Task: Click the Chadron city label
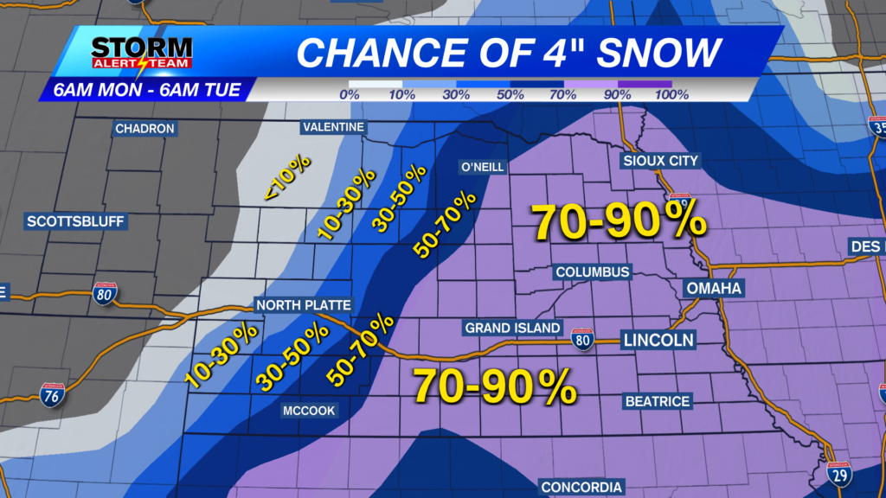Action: [x=145, y=129]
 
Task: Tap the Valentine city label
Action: [x=333, y=128]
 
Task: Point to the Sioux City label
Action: [x=660, y=161]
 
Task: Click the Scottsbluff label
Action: [x=76, y=221]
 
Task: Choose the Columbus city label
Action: [x=592, y=272]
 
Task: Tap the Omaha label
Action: [x=714, y=288]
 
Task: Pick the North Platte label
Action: [x=303, y=305]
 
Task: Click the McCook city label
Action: [x=310, y=411]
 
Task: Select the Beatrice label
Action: [x=657, y=401]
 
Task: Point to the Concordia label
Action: [x=581, y=488]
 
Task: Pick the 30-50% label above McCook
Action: [x=291, y=354]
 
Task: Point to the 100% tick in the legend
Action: [x=671, y=94]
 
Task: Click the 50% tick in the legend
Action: [x=510, y=94]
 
